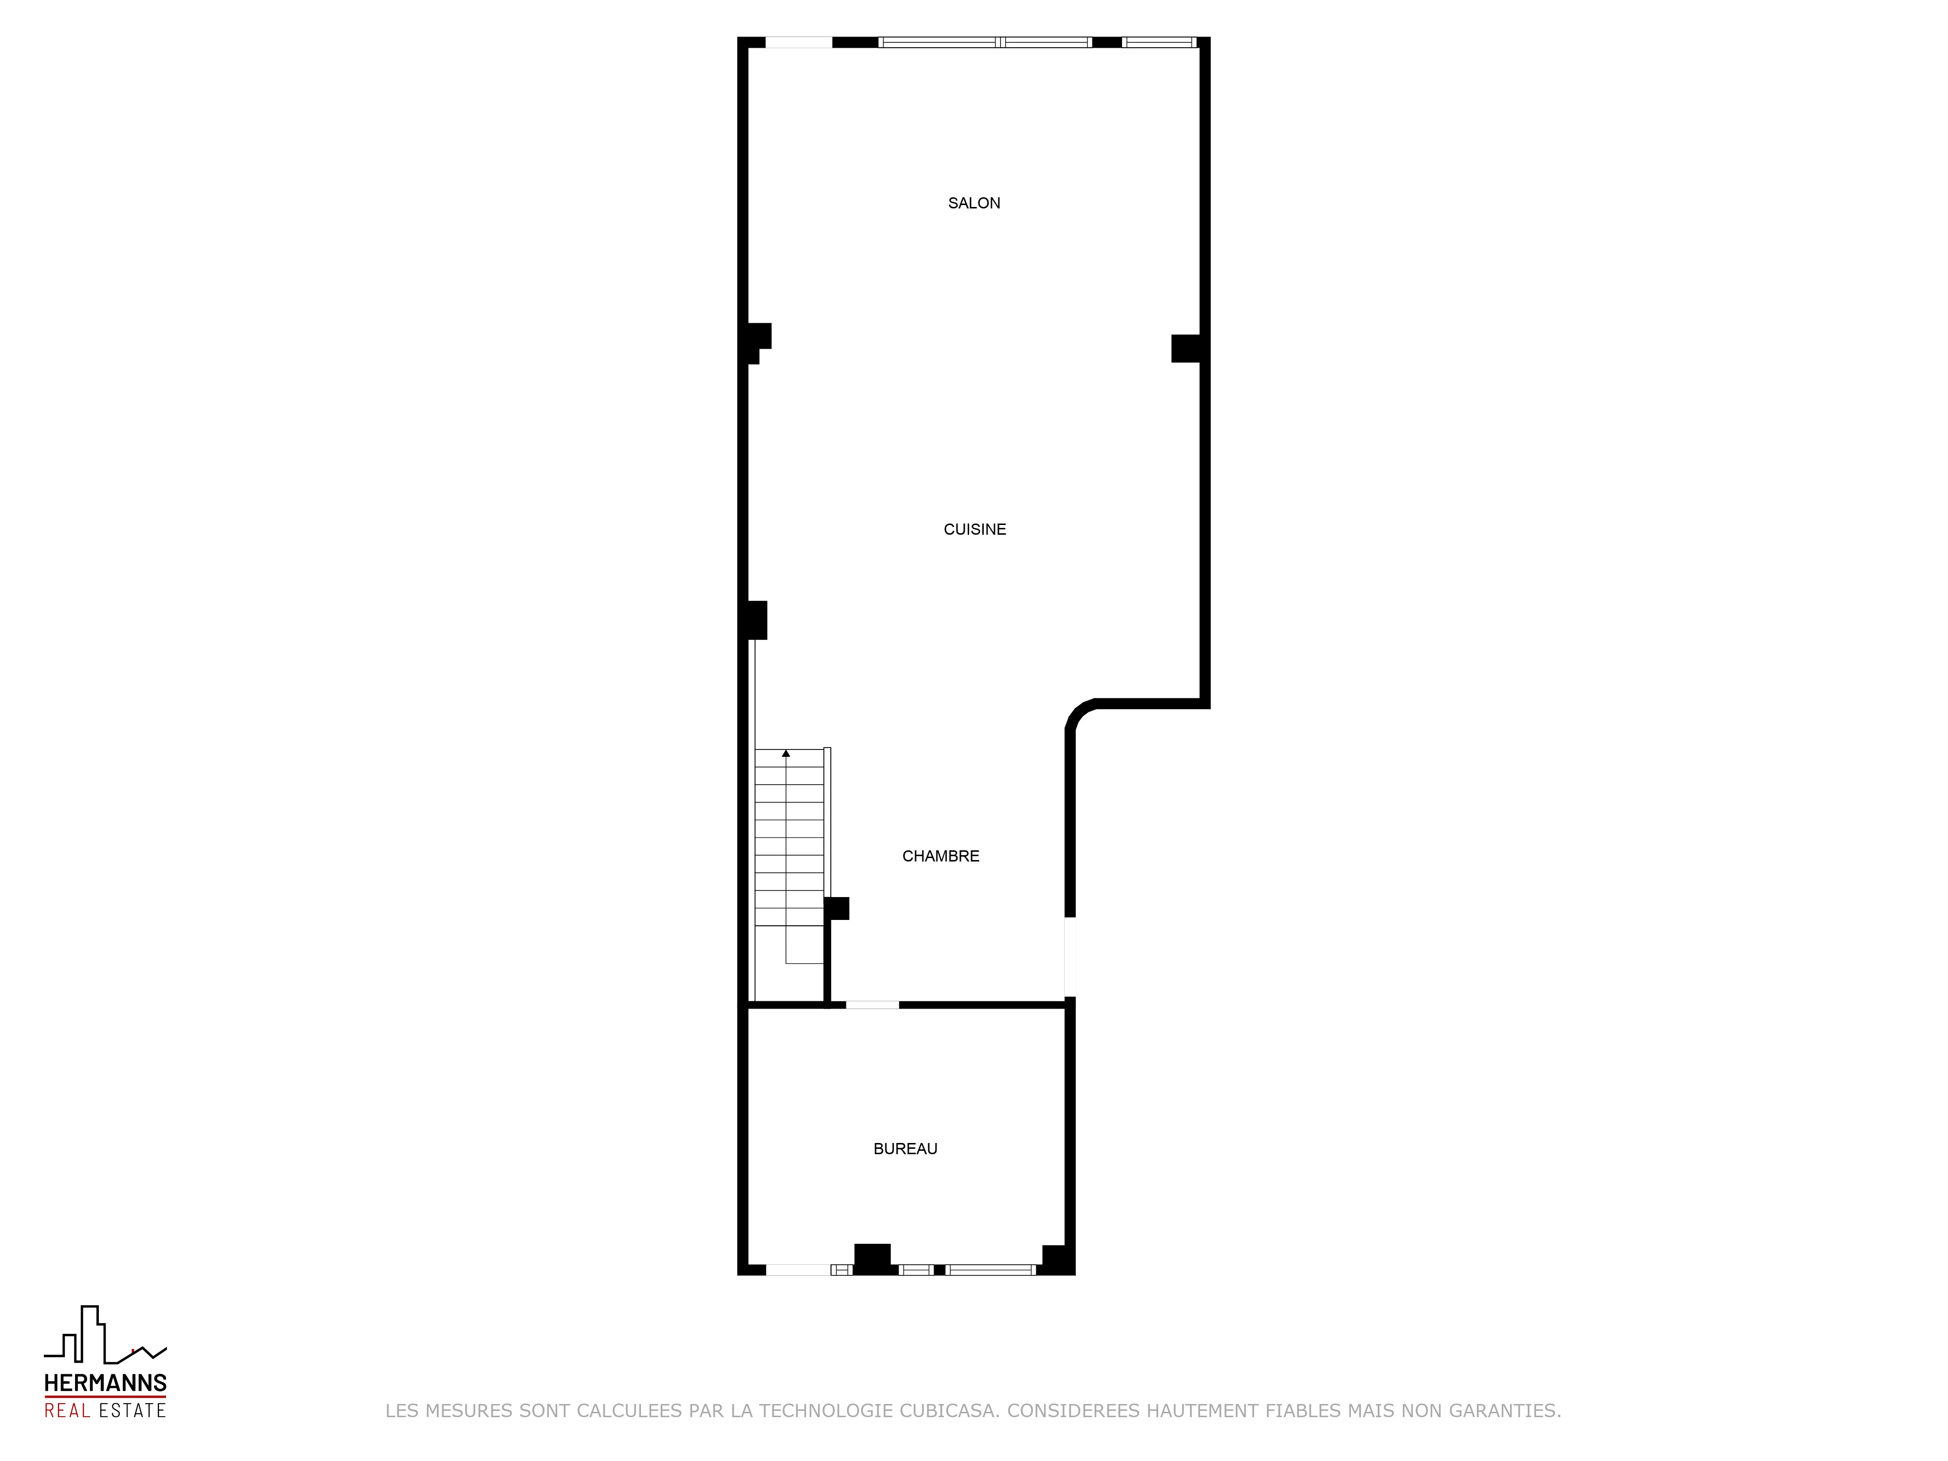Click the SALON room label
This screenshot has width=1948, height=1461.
pos(974,204)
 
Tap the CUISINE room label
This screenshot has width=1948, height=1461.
pos(975,529)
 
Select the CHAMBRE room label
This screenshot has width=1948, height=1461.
pos(940,856)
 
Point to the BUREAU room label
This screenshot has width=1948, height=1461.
pos(905,1148)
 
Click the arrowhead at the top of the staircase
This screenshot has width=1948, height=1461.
pos(786,753)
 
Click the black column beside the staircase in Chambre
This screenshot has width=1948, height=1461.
pos(837,908)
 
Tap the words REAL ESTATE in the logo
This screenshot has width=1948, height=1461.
pos(106,1410)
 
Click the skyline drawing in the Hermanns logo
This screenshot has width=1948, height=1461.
pos(106,1334)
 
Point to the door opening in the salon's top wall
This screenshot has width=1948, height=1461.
pos(799,42)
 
